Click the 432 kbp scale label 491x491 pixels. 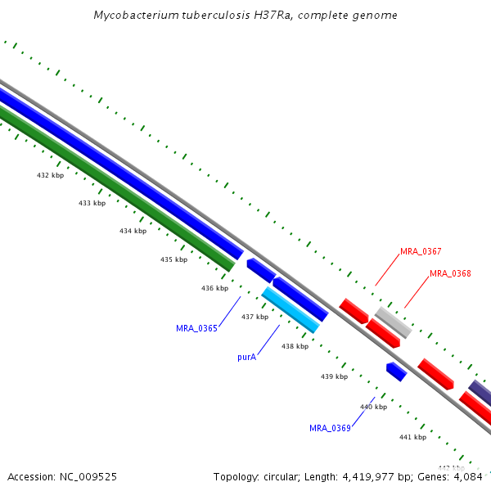[50, 175]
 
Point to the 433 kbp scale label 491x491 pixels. [92, 203]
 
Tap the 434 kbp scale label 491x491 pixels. [133, 231]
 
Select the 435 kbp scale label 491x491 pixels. [173, 259]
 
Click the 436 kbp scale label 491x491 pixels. [214, 288]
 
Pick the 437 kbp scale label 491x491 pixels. [255, 317]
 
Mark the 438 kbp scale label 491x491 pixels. [295, 346]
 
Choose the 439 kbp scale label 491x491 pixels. [334, 376]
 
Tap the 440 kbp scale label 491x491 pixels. [373, 407]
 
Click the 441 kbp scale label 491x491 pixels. [412, 437]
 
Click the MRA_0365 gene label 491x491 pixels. [196, 328]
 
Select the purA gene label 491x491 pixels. [247, 357]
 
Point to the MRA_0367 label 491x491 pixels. [421, 251]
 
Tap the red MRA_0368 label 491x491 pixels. [450, 273]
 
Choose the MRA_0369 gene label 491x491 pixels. [330, 428]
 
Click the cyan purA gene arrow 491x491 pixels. [290, 309]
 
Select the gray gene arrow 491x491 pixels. [393, 322]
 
